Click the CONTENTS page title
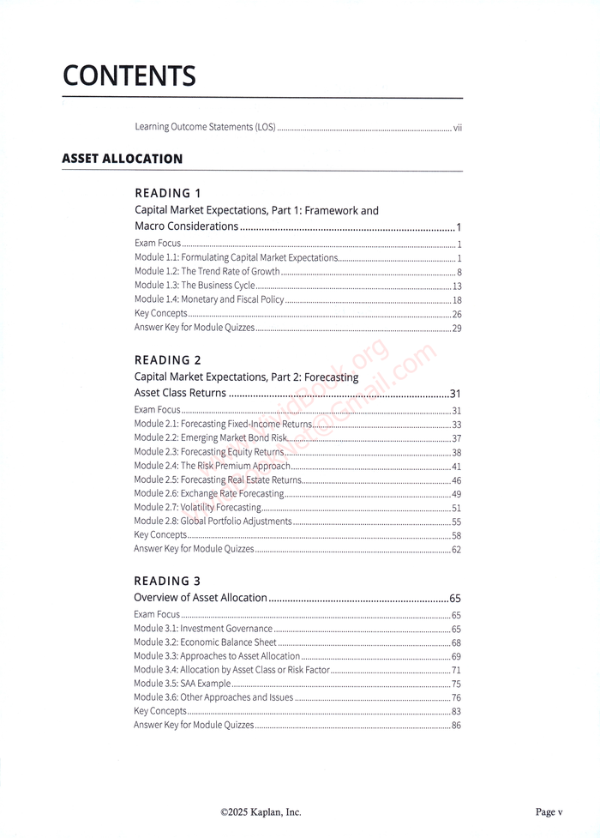coord(129,76)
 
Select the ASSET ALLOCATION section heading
coord(123,159)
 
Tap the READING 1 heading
coord(168,193)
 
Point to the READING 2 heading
coord(168,360)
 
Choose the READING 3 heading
coord(168,581)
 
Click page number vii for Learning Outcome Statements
coord(458,129)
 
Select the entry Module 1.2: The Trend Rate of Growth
coord(207,272)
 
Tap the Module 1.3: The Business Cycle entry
coord(195,286)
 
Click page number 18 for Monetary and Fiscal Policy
coord(457,300)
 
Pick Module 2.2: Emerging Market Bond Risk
coord(211,438)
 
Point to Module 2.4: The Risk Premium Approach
coord(213,467)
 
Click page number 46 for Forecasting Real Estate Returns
coord(457,480)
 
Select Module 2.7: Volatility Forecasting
coord(198,508)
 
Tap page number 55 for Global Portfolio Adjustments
coord(457,521)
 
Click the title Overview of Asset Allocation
coord(201,598)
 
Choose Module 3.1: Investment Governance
coord(203,629)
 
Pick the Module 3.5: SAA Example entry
coord(183,684)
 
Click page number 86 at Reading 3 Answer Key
coord(457,726)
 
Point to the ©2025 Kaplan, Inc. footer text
coord(261,812)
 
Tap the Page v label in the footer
coord(549,812)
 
